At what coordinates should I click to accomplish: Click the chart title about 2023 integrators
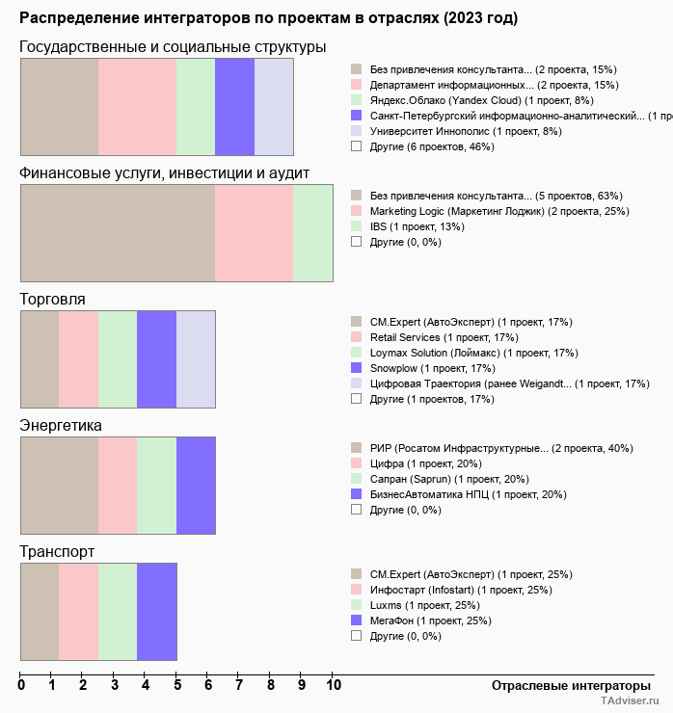[268, 18]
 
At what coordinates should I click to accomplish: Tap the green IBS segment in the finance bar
[312, 233]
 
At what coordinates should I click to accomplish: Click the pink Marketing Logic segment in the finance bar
[254, 233]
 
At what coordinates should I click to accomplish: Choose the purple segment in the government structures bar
[234, 106]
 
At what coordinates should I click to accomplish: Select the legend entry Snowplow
[432, 368]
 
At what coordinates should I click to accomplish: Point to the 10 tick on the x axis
[334, 685]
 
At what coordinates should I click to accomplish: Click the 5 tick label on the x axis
[177, 685]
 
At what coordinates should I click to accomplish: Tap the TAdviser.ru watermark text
[631, 701]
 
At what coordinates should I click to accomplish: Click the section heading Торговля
[52, 299]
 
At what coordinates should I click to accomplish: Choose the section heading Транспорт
[57, 552]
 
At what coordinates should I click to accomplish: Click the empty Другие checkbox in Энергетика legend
[357, 510]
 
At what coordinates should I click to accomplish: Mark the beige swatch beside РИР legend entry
[357, 448]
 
